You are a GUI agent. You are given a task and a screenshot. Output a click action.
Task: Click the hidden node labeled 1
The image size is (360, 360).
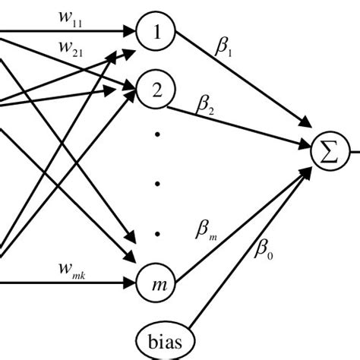tap(157, 33)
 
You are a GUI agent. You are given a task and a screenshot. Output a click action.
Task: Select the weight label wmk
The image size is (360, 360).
tap(73, 269)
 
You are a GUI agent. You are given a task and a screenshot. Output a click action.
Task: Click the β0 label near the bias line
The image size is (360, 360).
tap(263, 246)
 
